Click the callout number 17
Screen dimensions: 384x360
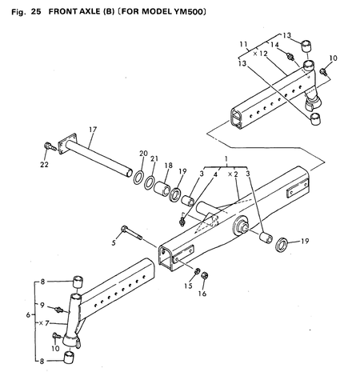click(x=92, y=129)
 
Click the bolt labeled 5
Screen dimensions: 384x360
click(x=131, y=232)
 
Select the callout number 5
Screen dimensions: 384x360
click(x=114, y=241)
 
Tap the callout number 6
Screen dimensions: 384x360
click(x=29, y=315)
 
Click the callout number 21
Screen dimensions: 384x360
click(x=154, y=158)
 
